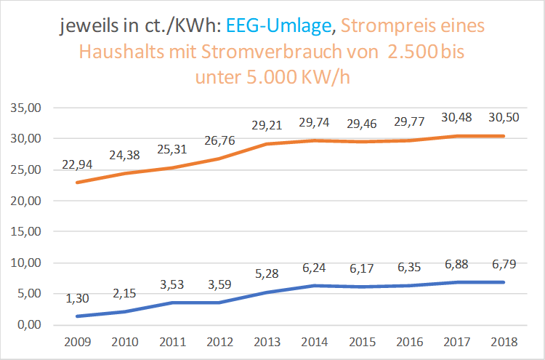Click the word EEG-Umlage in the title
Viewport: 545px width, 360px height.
coord(278,27)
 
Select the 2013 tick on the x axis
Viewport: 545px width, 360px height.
coord(268,341)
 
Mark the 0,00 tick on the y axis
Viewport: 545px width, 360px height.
coord(26,325)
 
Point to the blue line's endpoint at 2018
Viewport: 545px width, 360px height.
coord(503,282)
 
